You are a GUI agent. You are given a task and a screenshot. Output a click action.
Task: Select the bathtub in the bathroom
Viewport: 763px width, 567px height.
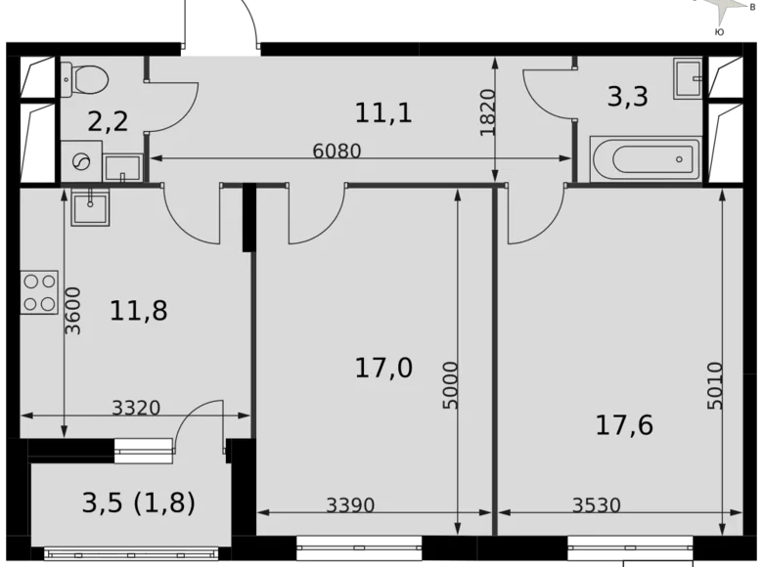point(645,159)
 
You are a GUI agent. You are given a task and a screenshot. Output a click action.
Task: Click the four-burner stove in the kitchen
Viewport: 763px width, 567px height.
point(39,292)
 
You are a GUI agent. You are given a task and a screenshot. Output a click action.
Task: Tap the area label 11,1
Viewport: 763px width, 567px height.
point(383,112)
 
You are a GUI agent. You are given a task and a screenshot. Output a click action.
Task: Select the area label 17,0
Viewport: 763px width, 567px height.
point(383,368)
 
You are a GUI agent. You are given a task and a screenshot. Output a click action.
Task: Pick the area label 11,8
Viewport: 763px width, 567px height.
point(139,311)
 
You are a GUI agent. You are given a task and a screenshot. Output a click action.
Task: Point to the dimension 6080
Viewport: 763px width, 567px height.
point(337,152)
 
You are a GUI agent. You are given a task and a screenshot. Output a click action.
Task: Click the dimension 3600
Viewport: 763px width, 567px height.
point(73,310)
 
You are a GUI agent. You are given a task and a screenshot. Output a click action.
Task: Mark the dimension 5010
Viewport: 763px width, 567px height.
point(713,385)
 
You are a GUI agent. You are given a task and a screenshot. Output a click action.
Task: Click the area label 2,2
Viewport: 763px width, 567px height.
point(108,121)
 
